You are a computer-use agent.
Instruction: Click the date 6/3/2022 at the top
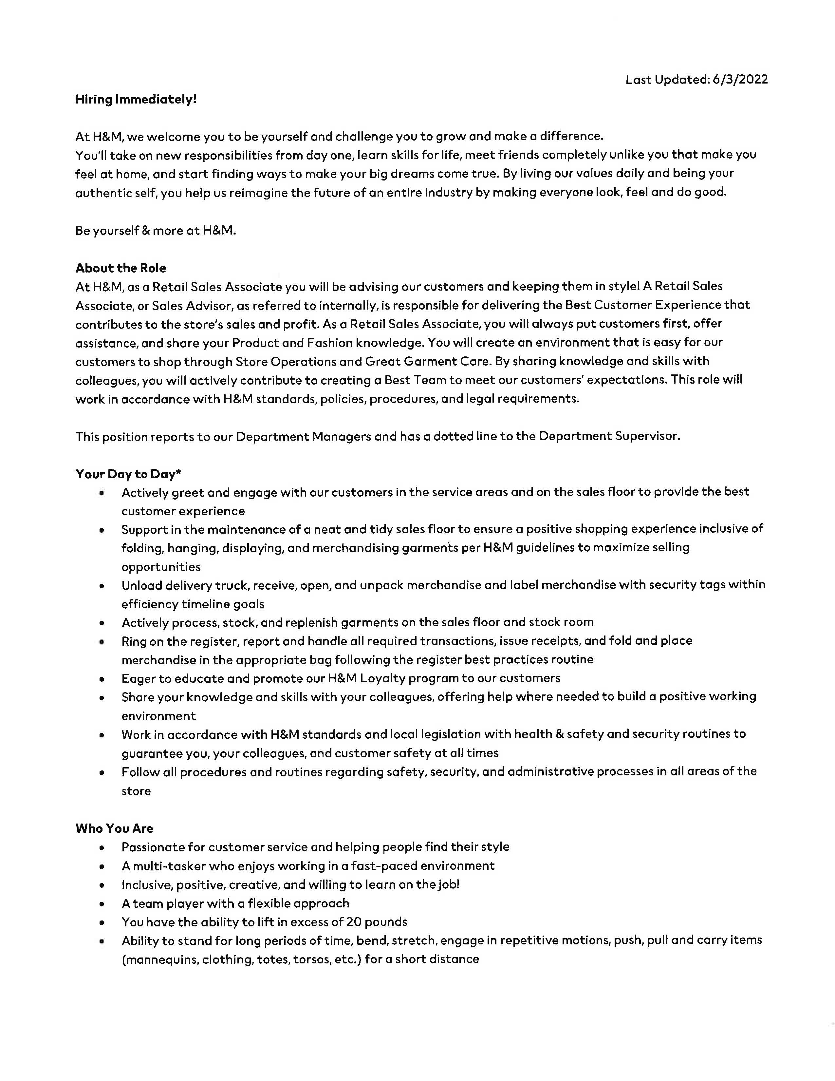coord(740,80)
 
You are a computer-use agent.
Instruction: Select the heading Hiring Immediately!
coord(136,100)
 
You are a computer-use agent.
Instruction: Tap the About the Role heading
coord(121,268)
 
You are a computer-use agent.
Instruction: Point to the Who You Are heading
coord(114,828)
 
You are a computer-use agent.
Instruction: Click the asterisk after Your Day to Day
coord(178,473)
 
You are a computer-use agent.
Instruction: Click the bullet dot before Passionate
coord(102,848)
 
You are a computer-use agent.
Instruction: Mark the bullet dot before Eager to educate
coord(102,679)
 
